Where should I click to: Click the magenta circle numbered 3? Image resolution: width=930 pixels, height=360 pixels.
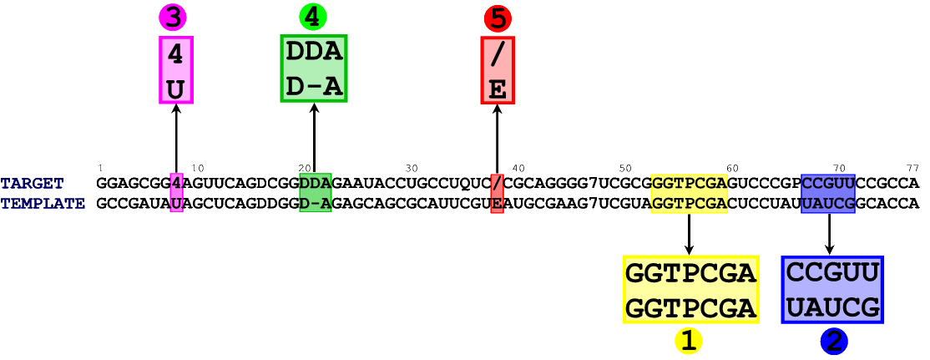point(172,17)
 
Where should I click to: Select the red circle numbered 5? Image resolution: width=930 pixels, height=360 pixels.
point(498,18)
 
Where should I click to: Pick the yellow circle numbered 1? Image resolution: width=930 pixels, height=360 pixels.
point(689,340)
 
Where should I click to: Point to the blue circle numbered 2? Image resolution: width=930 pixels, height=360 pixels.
point(834,340)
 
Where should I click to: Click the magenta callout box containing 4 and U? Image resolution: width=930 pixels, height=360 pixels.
point(176,70)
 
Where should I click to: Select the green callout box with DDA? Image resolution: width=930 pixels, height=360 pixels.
point(314,68)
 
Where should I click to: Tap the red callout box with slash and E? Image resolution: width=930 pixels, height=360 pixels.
point(498,70)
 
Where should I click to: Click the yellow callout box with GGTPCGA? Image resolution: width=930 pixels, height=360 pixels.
point(690,289)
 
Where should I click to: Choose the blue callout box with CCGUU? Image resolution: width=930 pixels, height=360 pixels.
point(832,289)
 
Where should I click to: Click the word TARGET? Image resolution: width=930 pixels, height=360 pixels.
point(32,184)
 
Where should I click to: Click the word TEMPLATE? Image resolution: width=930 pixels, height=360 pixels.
point(43,204)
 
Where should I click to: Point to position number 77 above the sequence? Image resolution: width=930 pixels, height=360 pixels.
point(912,168)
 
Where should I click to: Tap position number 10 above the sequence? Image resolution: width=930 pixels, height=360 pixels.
point(198,168)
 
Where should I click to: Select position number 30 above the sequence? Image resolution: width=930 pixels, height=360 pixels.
point(412,168)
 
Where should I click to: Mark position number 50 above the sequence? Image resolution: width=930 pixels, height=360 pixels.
point(625,168)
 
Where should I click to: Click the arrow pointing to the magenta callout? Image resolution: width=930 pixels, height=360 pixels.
point(176,138)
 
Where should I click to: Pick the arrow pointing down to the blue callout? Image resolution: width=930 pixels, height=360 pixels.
point(829,234)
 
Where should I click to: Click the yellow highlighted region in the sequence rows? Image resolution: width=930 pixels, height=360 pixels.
point(689,193)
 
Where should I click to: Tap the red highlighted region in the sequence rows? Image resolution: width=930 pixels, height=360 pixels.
point(498,193)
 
